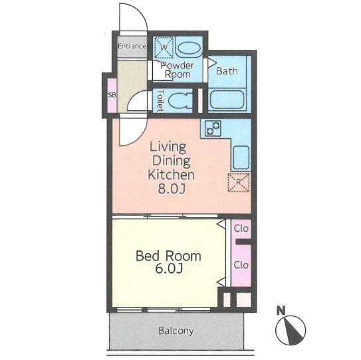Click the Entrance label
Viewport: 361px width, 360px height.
(132, 46)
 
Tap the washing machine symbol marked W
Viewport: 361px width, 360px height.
(164, 47)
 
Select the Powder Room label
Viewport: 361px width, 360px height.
(178, 70)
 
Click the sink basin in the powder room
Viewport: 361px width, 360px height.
(190, 48)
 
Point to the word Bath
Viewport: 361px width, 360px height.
(227, 71)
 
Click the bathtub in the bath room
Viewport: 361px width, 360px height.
(227, 100)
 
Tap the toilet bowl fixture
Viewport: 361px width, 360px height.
(180, 101)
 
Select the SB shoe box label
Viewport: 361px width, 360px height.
(112, 95)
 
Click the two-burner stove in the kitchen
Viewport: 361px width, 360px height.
(213, 128)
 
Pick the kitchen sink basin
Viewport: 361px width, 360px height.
(241, 157)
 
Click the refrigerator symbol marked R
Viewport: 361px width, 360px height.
(239, 183)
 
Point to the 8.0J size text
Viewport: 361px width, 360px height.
(172, 189)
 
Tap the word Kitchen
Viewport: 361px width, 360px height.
(171, 175)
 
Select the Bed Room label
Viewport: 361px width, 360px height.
(168, 256)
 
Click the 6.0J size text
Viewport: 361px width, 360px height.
(169, 268)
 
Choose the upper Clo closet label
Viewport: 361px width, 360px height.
(241, 228)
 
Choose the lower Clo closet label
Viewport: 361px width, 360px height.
(241, 265)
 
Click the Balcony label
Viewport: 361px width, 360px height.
(176, 331)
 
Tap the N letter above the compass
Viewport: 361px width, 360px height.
(281, 310)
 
